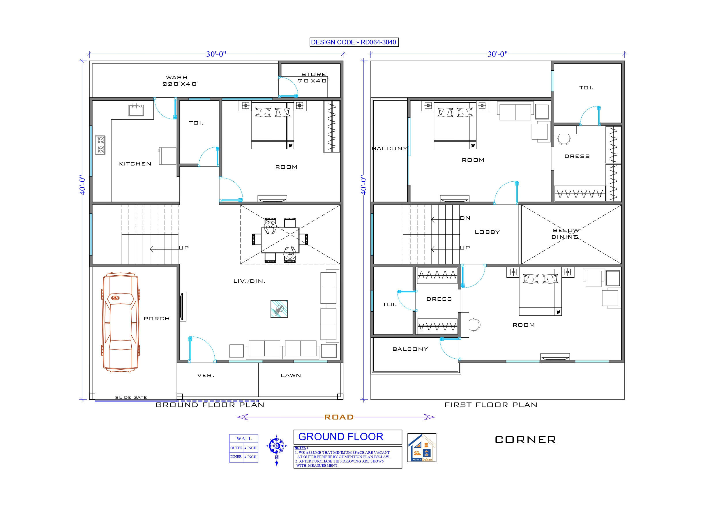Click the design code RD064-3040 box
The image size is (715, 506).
[354, 42]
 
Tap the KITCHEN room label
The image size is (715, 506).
[135, 164]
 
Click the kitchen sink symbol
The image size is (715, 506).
[136, 110]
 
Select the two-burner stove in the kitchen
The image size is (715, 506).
[100, 145]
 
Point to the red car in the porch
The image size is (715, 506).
[120, 322]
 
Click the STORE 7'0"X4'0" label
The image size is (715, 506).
[313, 78]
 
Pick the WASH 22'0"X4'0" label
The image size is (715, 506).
[180, 80]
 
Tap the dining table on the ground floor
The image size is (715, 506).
[280, 240]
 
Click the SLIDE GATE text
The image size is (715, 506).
[131, 398]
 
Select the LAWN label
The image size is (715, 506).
[291, 376]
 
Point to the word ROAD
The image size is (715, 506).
[339, 417]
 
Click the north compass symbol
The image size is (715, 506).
[276, 446]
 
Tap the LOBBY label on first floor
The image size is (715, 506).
[487, 232]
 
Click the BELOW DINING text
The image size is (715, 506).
[565, 234]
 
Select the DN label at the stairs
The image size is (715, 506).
[465, 218]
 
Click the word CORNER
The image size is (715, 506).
[525, 440]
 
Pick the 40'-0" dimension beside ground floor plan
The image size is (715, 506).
[82, 185]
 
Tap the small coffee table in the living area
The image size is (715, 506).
[279, 309]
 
